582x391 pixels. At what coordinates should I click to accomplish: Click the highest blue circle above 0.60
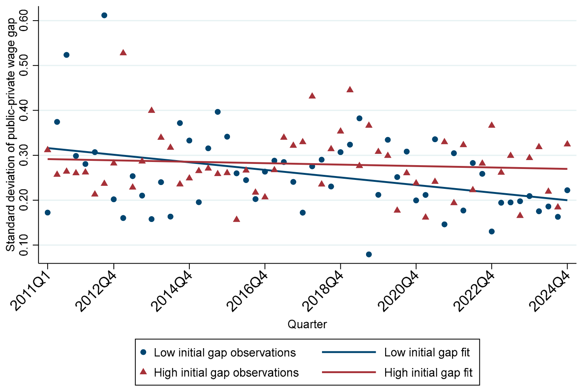coord(104,15)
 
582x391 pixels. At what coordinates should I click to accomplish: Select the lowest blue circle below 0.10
coord(369,254)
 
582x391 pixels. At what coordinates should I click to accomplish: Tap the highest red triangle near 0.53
coord(123,53)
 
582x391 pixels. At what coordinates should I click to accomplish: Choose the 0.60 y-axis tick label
coord(24,20)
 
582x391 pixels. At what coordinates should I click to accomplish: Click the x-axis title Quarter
coord(307,324)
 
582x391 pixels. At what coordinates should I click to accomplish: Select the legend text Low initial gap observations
coord(225,352)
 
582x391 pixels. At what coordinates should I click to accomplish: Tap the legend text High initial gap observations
coord(226,373)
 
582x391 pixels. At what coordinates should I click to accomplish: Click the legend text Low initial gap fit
coord(427,352)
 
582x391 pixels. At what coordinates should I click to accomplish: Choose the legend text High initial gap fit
coord(428,373)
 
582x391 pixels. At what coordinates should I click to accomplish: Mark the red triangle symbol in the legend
coord(143,372)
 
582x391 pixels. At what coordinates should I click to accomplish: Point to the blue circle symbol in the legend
coord(143,352)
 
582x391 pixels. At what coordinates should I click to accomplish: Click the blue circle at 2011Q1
coord(48,213)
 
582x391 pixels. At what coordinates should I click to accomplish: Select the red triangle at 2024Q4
coord(567,144)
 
